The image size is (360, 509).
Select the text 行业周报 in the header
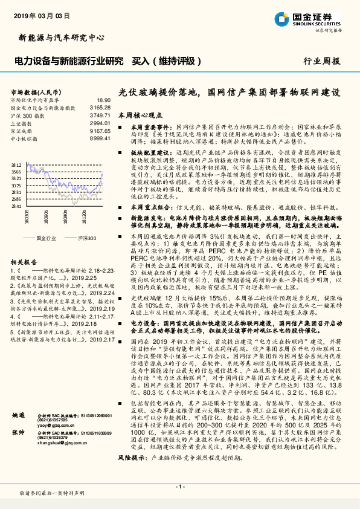pos(322,61)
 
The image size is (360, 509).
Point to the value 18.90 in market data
pos(103,100)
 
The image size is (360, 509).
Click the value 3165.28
pos(100,108)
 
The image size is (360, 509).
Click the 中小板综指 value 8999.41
pos(100,137)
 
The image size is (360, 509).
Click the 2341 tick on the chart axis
pos(16,206)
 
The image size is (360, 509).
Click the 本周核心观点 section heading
pos(141,114)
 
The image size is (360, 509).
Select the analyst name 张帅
pos(19,450)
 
